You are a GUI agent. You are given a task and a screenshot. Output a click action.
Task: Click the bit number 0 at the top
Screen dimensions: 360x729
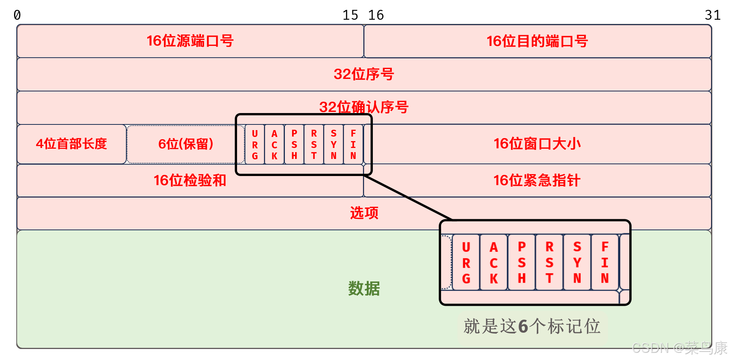[17, 15]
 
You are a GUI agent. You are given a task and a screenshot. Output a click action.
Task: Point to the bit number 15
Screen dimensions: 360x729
[350, 15]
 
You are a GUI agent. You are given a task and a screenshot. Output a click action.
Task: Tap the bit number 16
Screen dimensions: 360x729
[376, 15]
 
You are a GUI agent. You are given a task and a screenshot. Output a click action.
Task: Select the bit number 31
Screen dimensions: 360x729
[712, 15]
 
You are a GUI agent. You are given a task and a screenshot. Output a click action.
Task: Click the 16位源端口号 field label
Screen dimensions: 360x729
[190, 41]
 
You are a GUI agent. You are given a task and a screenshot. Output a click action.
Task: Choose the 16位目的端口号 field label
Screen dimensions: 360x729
[537, 41]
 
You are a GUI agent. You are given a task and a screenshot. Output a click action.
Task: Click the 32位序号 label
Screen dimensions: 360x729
[364, 74]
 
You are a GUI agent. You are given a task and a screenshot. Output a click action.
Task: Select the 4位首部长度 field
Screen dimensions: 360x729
[71, 144]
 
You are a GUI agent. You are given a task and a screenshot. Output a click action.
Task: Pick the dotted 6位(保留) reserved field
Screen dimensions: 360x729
[185, 144]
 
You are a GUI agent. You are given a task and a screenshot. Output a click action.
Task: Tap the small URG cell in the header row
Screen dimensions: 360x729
[255, 145]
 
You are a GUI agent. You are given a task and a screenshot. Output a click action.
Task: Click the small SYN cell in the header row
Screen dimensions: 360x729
[334, 145]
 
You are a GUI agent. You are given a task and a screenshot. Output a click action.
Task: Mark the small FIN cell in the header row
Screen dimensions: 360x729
[354, 145]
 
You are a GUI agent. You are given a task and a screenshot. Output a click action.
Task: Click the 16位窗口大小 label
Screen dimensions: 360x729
[537, 144]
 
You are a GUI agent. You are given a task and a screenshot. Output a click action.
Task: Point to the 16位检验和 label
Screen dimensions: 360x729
[190, 180]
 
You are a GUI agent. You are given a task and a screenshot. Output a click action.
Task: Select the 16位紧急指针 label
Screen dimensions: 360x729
[537, 180]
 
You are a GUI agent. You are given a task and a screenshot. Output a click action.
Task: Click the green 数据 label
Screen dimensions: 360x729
[364, 289]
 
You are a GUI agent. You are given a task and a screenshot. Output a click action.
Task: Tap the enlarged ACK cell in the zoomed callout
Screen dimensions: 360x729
[493, 263]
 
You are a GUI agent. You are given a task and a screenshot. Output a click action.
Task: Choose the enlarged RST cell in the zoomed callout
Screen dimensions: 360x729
[549, 263]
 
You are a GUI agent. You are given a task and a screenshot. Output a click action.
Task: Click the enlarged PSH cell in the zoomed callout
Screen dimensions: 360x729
[522, 263]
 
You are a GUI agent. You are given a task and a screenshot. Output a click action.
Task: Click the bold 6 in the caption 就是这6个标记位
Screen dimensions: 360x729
[523, 326]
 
